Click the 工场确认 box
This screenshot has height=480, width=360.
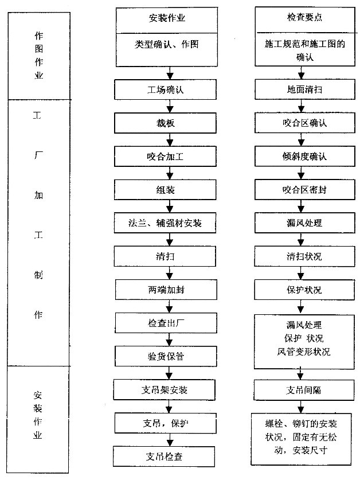click(x=165, y=89)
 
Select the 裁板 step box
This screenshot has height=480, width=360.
click(x=165, y=123)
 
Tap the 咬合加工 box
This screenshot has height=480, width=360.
click(x=165, y=156)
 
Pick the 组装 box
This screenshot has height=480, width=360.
click(x=165, y=190)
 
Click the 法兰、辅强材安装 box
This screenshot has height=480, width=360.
click(x=165, y=223)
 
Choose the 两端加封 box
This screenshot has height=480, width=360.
click(x=166, y=289)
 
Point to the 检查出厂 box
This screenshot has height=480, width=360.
click(x=166, y=323)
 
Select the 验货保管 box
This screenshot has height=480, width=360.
click(x=166, y=356)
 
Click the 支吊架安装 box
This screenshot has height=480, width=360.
click(x=165, y=390)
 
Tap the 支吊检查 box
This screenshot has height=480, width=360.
click(x=164, y=456)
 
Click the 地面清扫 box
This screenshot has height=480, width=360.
click(x=305, y=89)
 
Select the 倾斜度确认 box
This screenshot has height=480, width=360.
click(x=305, y=156)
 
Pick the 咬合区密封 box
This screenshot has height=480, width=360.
click(x=305, y=190)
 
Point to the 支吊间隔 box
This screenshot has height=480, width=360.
click(x=304, y=390)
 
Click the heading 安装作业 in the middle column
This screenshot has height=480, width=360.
click(x=167, y=18)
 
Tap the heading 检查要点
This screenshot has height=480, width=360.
click(x=304, y=17)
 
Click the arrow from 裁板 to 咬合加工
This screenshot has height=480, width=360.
click(x=170, y=139)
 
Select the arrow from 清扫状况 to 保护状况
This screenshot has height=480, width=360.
click(x=300, y=273)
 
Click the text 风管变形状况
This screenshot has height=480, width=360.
click(x=304, y=352)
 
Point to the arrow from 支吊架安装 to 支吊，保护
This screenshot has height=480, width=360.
click(x=169, y=407)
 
